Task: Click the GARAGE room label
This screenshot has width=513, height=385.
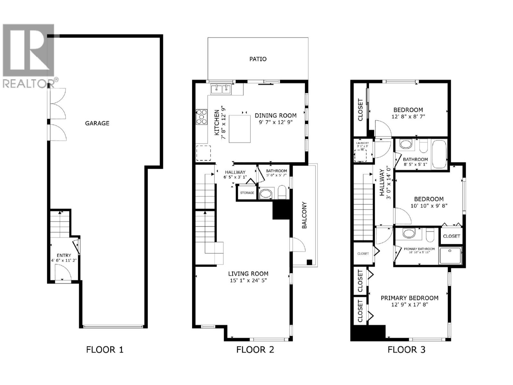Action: [x=97, y=123]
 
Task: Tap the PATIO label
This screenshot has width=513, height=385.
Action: [x=258, y=59]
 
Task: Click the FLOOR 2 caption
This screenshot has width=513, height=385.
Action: [x=255, y=350]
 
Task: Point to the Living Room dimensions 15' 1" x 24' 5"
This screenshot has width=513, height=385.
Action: [x=248, y=280]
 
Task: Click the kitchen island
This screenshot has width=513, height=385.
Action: [x=240, y=128]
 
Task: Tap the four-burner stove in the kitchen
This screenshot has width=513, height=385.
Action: [x=202, y=117]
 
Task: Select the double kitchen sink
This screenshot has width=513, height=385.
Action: [x=221, y=89]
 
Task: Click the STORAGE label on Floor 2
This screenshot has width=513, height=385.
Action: [x=247, y=193]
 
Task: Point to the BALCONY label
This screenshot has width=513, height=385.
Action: [x=304, y=215]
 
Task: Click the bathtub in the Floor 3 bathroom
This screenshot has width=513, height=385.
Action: [x=439, y=155]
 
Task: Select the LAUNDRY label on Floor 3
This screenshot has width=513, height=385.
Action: [x=363, y=143]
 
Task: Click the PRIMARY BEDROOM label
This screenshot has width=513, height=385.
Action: [x=409, y=298]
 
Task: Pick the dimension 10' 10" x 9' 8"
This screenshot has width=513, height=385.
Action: [x=429, y=206]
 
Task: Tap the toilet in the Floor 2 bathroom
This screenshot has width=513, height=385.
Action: [x=282, y=192]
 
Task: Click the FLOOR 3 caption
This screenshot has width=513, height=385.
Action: [x=406, y=350]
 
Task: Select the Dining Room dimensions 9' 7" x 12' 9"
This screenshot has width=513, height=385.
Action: [x=276, y=122]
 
